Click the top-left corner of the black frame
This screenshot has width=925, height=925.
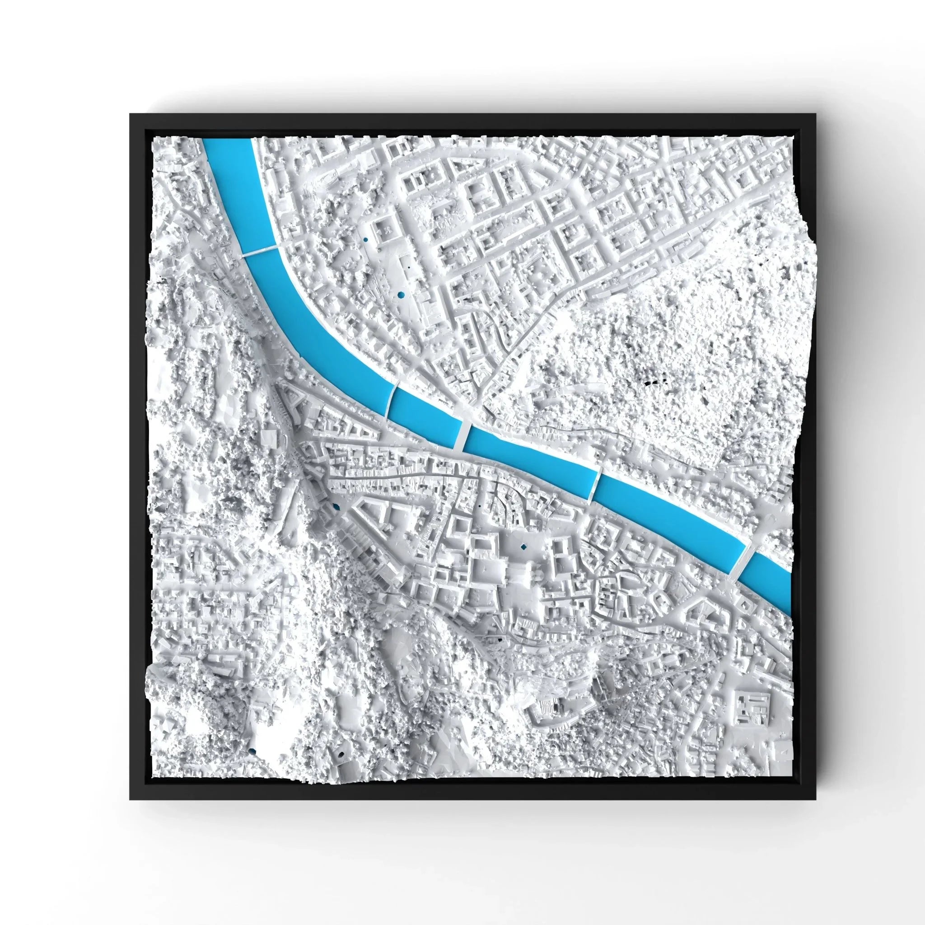coord(131,114)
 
